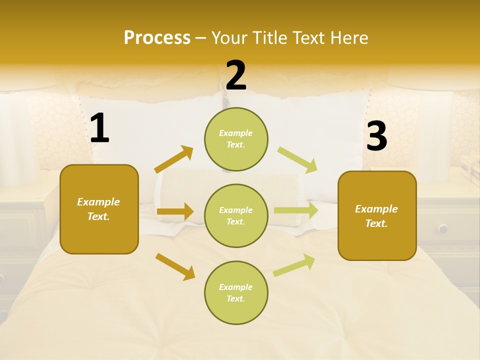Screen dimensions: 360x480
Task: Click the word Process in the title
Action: (157, 38)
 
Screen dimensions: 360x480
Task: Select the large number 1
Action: (99, 128)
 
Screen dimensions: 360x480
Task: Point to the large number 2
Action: (236, 75)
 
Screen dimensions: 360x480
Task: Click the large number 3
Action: (376, 136)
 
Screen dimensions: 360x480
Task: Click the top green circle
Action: (236, 139)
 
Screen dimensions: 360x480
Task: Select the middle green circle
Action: (236, 216)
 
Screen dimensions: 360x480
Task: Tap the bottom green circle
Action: (236, 293)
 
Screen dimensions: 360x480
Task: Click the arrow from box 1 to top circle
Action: (174, 159)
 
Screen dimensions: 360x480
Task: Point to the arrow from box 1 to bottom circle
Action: (175, 266)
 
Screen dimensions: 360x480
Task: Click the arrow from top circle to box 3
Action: (297, 159)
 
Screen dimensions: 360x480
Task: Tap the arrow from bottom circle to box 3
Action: (294, 265)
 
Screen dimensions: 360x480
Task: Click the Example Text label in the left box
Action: (99, 209)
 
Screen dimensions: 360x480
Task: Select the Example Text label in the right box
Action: (376, 216)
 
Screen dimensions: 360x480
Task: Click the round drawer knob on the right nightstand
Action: (443, 228)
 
